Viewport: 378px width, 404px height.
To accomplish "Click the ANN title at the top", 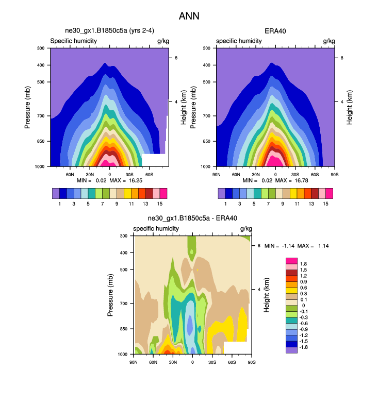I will (189, 16).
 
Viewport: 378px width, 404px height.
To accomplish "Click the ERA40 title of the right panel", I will (275, 31).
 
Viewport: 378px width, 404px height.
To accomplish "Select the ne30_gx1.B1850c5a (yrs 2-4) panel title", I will (109, 31).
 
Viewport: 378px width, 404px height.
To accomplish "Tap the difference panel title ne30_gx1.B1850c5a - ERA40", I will (192, 218).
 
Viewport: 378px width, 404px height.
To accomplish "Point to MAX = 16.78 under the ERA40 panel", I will (295, 180).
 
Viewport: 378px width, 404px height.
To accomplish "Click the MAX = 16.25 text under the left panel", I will (129, 180).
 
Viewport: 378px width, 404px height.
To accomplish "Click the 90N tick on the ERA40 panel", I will (217, 174).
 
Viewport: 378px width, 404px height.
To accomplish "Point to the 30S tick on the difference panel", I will (212, 362).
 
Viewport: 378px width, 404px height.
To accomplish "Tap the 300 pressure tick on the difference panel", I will (124, 236).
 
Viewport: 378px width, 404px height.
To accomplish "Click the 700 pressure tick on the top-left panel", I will (41, 116).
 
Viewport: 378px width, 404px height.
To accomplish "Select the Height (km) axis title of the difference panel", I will (267, 295).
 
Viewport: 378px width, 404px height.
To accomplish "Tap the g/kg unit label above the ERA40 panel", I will (328, 41).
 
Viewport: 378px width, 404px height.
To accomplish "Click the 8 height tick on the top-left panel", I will (176, 58).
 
